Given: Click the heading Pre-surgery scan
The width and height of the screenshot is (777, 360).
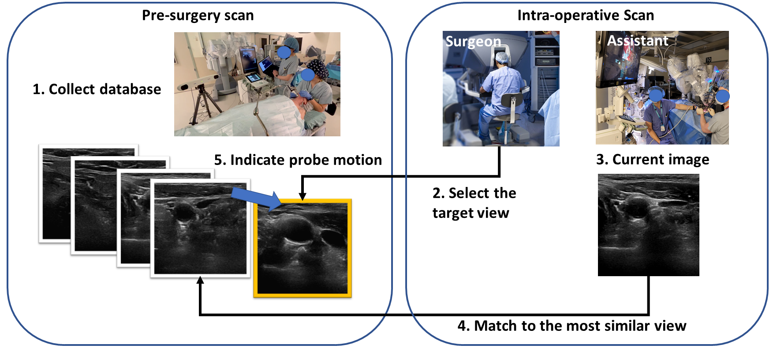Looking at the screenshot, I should coord(198,15).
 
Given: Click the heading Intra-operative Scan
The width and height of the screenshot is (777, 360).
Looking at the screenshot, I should coord(585,15).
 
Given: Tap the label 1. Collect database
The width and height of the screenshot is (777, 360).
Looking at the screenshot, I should coord(97,89).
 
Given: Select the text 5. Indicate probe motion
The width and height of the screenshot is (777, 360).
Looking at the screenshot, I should coord(298,160).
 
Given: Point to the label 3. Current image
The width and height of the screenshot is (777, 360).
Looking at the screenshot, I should coord(652,159).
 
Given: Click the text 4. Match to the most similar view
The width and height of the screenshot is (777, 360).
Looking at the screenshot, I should coord(572,326).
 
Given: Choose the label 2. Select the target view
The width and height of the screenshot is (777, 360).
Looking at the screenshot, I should coord(474,203).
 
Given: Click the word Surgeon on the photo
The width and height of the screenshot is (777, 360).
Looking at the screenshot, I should coord(473,41).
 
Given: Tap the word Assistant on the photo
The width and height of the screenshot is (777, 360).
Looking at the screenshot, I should coord(637,41).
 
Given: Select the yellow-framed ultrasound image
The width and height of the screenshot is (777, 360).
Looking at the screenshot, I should coord(303,248).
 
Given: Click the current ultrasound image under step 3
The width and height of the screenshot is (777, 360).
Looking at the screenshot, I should coord(648,225).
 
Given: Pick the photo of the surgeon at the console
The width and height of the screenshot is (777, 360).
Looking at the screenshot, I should coord(501,88).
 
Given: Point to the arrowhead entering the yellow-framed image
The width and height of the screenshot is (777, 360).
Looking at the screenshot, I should coord(303,196).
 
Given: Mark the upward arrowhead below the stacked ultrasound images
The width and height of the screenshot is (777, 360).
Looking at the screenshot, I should coord(200,281).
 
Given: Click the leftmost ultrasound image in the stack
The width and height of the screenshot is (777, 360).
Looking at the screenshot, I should coord(55,194).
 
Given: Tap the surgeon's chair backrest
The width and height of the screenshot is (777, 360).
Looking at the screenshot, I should coord(512,101).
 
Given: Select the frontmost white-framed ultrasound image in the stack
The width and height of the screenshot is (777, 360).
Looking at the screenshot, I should coord(200,229).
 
